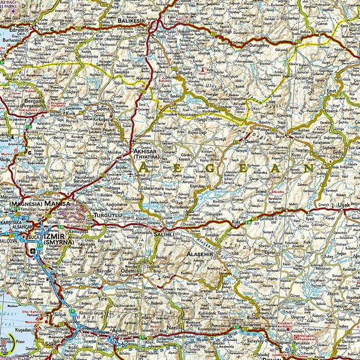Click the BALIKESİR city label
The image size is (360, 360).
pyautogui.click(x=133, y=20)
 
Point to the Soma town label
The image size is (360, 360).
pyautogui.click(x=104, y=108)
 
